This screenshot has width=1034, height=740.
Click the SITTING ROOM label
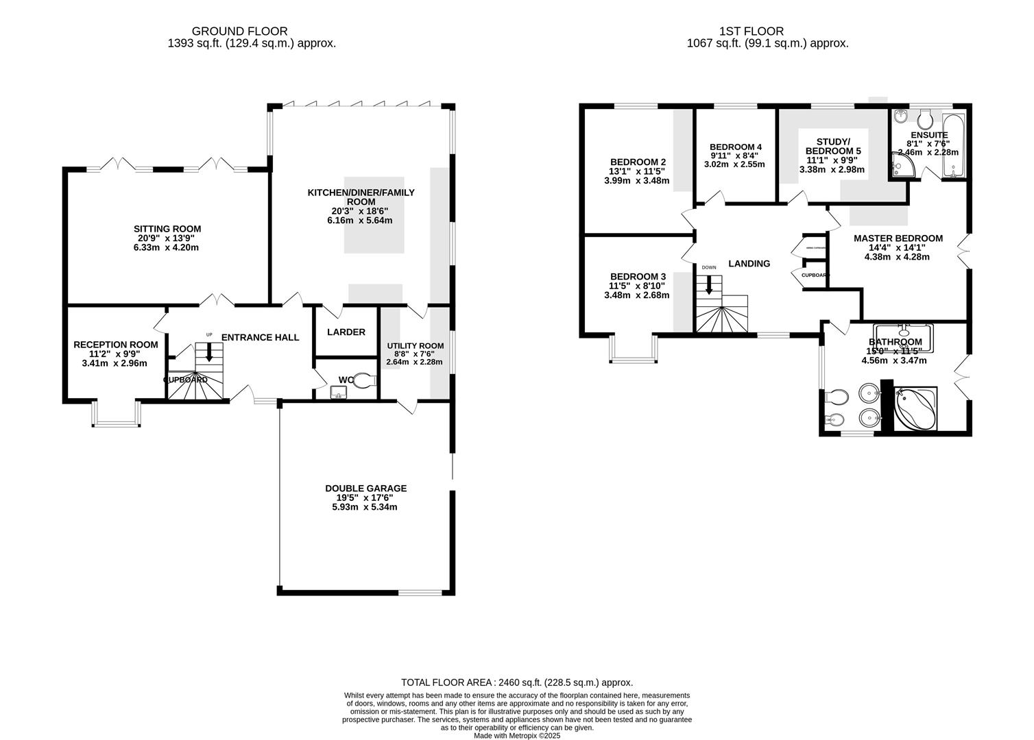167,229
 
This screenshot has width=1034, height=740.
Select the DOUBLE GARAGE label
365,489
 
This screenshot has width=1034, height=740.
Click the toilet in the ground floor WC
367,379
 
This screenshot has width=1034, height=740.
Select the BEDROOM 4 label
736,147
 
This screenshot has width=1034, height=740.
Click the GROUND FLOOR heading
239,31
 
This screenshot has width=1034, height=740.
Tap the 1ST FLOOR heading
751,31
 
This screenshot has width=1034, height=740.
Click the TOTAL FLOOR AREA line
517,682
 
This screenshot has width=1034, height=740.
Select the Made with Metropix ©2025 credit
517,735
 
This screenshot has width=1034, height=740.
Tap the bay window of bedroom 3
633,351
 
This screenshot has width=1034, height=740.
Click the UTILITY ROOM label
415,346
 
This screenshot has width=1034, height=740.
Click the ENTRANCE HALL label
260,337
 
